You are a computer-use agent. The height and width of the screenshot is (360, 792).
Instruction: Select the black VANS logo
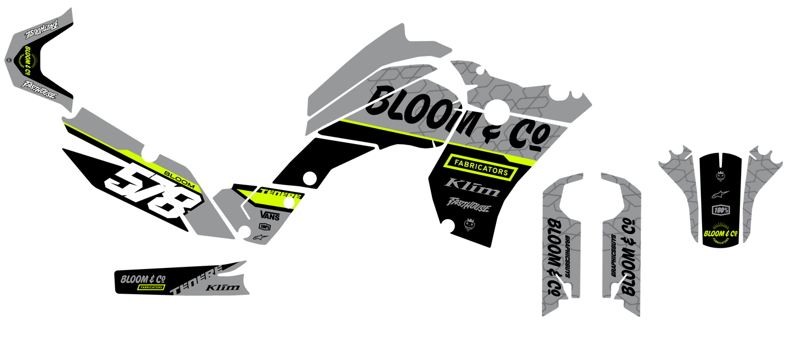[270, 215]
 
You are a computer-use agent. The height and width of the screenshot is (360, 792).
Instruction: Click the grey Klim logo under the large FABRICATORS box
[472, 187]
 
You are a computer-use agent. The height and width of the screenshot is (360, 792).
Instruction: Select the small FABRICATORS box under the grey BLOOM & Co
[151, 287]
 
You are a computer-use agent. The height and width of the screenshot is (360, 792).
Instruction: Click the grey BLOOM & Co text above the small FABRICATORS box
[143, 279]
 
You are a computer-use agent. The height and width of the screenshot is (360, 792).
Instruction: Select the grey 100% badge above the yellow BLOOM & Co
[720, 210]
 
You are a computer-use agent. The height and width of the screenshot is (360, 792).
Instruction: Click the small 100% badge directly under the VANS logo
[265, 226]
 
